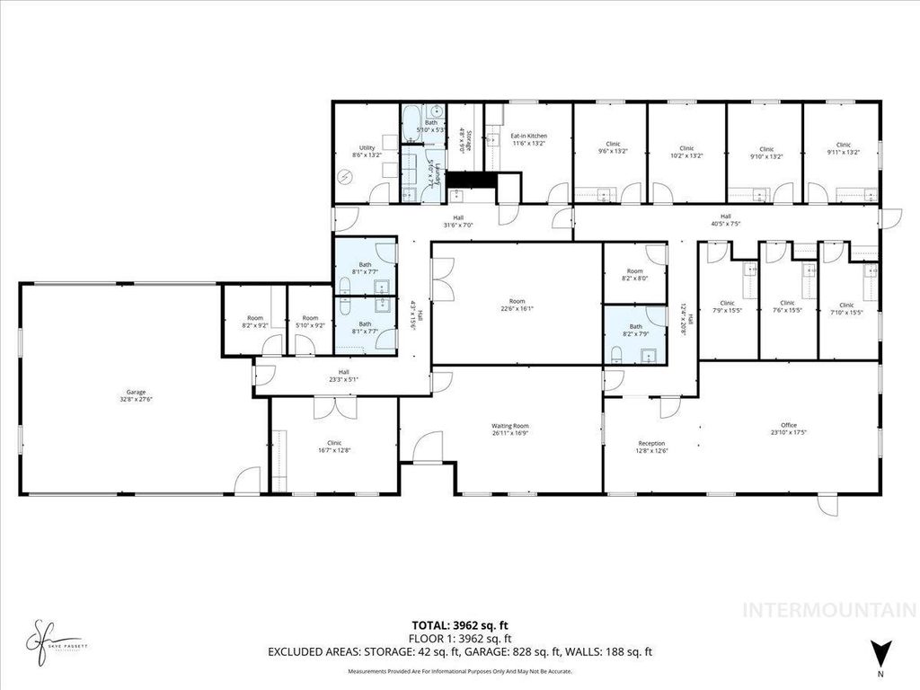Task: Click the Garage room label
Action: [135, 394]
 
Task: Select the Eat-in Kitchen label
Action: [529, 138]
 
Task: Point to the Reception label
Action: [651, 447]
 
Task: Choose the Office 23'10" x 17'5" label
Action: [789, 429]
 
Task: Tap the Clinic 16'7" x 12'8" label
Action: [334, 446]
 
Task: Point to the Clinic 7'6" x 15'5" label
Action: [788, 306]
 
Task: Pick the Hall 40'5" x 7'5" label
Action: [721, 219]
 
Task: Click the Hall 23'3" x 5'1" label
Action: [343, 376]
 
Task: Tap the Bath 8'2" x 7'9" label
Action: [636, 331]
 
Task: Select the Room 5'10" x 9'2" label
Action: [310, 321]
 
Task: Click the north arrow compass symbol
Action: [881, 650]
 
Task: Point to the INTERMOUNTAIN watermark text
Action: [827, 610]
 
